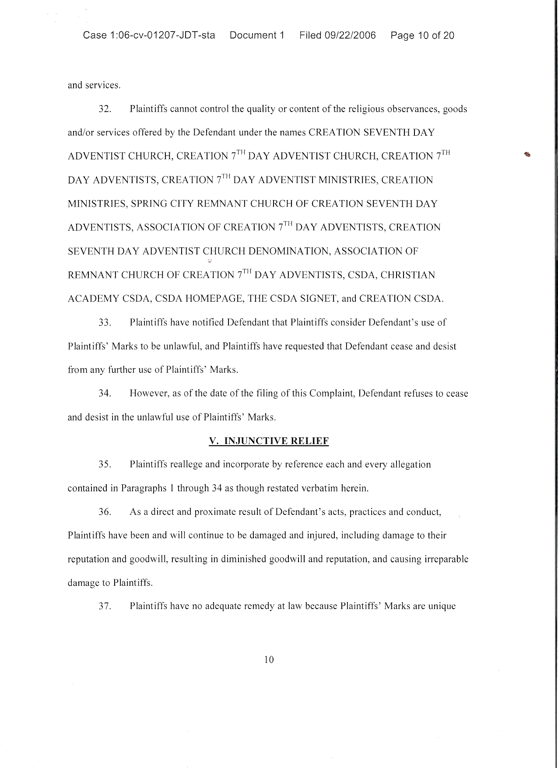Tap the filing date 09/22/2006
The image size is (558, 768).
tap(350, 35)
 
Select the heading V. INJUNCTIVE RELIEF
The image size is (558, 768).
tap(269, 441)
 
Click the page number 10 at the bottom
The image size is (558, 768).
tap(269, 660)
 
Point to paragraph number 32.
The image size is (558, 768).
tap(105, 109)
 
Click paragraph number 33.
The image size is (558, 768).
tap(105, 323)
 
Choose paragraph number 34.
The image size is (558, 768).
tap(105, 394)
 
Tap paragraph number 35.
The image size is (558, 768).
tap(105, 465)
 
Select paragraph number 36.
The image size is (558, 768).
tap(105, 512)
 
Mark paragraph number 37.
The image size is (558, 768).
tap(105, 606)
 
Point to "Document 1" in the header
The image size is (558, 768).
tap(257, 35)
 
